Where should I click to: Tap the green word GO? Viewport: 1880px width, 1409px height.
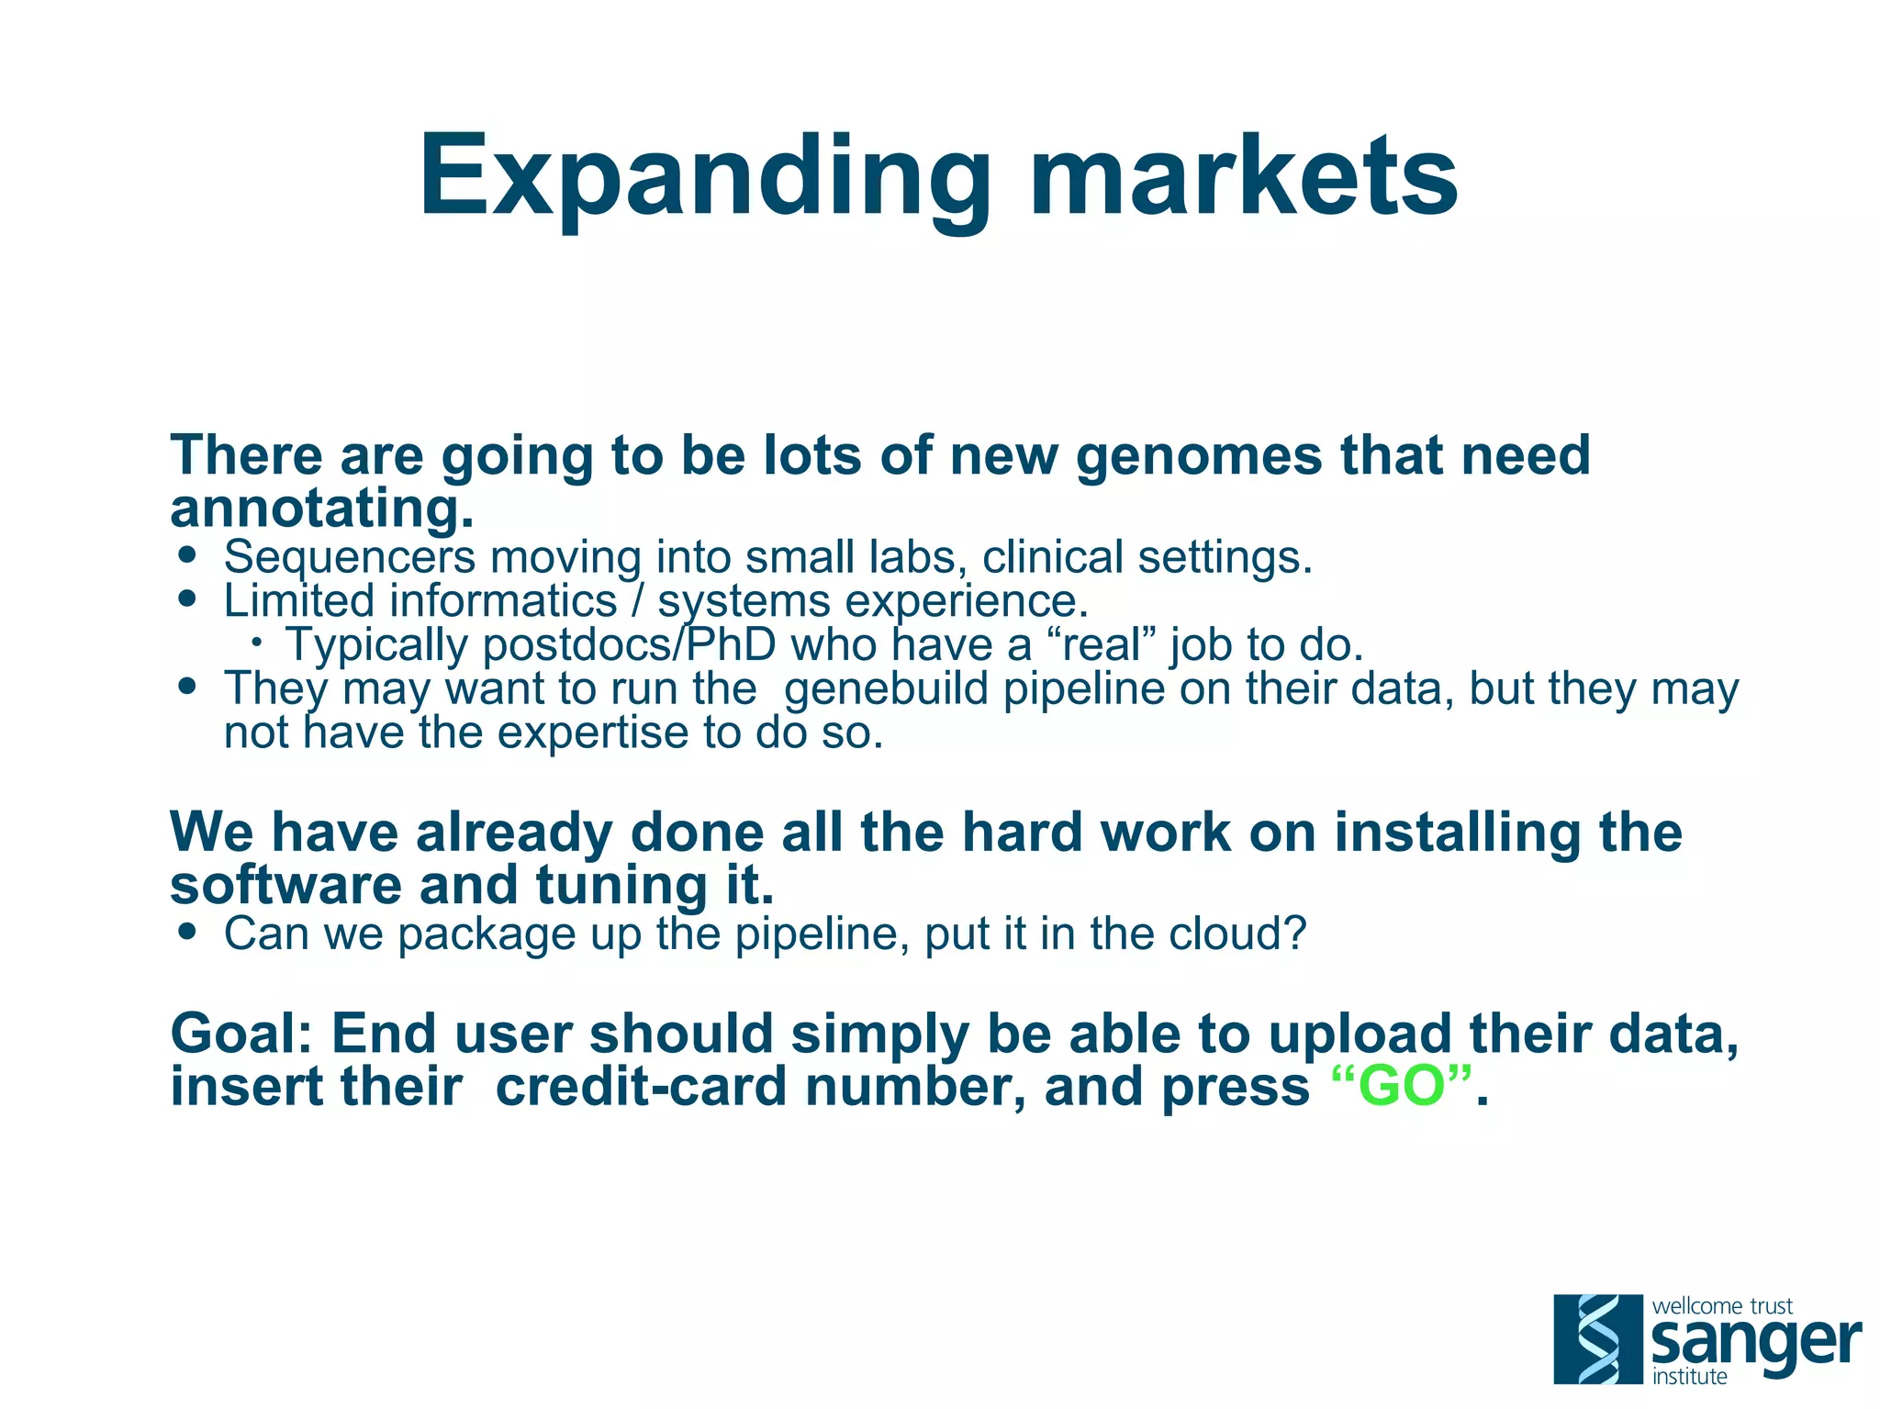coord(1402,1087)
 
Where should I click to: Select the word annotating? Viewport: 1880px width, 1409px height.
coord(321,509)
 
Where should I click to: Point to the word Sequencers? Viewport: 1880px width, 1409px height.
coord(350,557)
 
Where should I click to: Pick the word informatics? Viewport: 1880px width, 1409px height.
coord(502,601)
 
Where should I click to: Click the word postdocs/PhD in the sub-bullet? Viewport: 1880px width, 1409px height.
coord(629,645)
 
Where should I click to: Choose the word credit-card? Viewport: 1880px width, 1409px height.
coord(641,1087)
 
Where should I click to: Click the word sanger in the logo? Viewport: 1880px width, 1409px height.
coord(1754,1343)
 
